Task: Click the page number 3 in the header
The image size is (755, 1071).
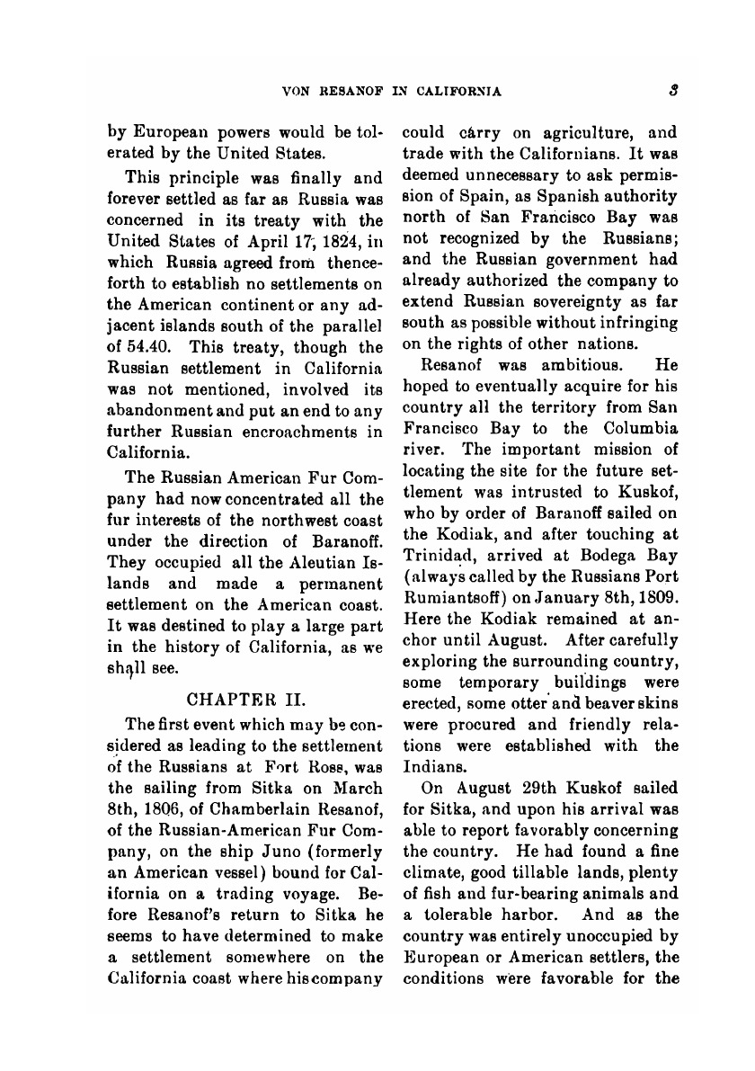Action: click(x=672, y=90)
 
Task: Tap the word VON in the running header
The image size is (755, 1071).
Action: click(x=297, y=91)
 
